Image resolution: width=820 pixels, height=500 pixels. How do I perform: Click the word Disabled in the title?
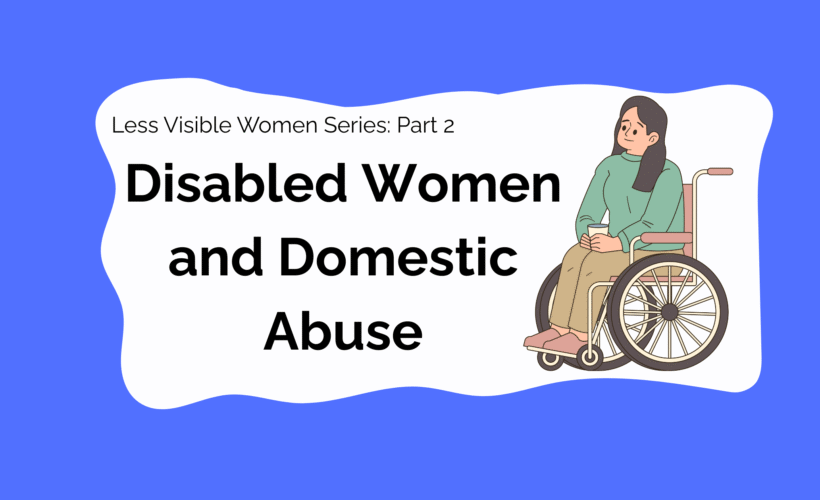tap(236, 183)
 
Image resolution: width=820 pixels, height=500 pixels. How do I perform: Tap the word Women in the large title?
tap(462, 183)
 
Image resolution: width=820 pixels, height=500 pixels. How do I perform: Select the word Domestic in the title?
tap(398, 257)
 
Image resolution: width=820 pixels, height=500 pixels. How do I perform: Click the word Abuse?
tap(343, 331)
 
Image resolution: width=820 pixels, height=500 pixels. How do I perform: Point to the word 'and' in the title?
tap(215, 257)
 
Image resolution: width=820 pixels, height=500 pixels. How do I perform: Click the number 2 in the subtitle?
tap(448, 126)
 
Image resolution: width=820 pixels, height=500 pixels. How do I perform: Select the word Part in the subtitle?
tap(417, 125)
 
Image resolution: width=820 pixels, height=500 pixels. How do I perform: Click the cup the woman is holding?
tap(598, 231)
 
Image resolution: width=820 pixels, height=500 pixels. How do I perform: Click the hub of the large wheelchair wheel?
tap(669, 312)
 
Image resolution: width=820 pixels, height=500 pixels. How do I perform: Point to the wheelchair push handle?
tap(720, 172)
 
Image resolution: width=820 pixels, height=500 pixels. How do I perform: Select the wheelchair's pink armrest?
tap(666, 238)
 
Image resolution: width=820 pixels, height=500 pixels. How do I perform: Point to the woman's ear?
tap(653, 139)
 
